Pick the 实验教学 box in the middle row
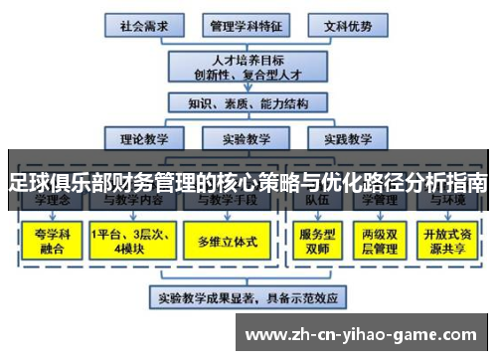coord(246,138)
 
